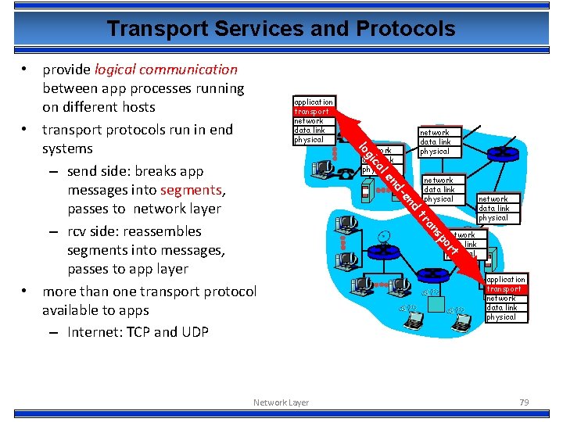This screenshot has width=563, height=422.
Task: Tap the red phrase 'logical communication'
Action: click(165, 70)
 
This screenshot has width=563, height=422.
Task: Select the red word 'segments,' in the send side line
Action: click(193, 190)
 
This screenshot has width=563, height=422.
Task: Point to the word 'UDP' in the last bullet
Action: click(195, 332)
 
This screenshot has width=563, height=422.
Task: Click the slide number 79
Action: click(524, 402)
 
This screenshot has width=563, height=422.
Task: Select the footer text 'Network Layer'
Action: click(281, 402)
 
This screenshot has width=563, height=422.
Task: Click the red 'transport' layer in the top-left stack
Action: click(311, 111)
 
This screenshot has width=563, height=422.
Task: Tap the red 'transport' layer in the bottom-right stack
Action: click(504, 289)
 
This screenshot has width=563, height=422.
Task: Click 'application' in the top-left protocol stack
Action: click(313, 102)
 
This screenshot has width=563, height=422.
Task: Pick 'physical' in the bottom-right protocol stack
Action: click(501, 317)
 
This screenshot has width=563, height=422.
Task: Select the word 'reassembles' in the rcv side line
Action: click(162, 231)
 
